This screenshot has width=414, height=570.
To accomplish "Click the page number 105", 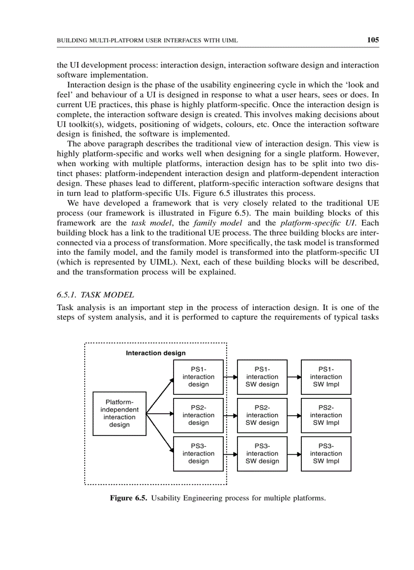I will point(373,40).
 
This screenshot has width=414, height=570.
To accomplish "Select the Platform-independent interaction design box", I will point(120,414).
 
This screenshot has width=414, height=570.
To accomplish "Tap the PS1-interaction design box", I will point(198,377).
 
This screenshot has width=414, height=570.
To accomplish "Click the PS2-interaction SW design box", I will point(262,415).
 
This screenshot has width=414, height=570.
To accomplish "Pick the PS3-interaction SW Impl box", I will point(326,454).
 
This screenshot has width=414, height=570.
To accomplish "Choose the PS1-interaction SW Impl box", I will point(326,377).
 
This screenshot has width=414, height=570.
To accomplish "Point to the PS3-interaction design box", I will point(198,454).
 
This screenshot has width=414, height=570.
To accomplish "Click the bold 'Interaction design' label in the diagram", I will point(156,353).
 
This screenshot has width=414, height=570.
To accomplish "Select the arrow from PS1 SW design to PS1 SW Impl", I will point(295,378).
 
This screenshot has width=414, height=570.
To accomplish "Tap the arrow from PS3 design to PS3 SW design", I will point(231,454).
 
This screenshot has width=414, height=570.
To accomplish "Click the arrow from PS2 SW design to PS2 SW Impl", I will point(295,416).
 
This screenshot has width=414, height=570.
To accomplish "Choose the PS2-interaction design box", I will point(198,415).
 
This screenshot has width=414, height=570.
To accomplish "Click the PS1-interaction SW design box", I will point(262,377).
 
